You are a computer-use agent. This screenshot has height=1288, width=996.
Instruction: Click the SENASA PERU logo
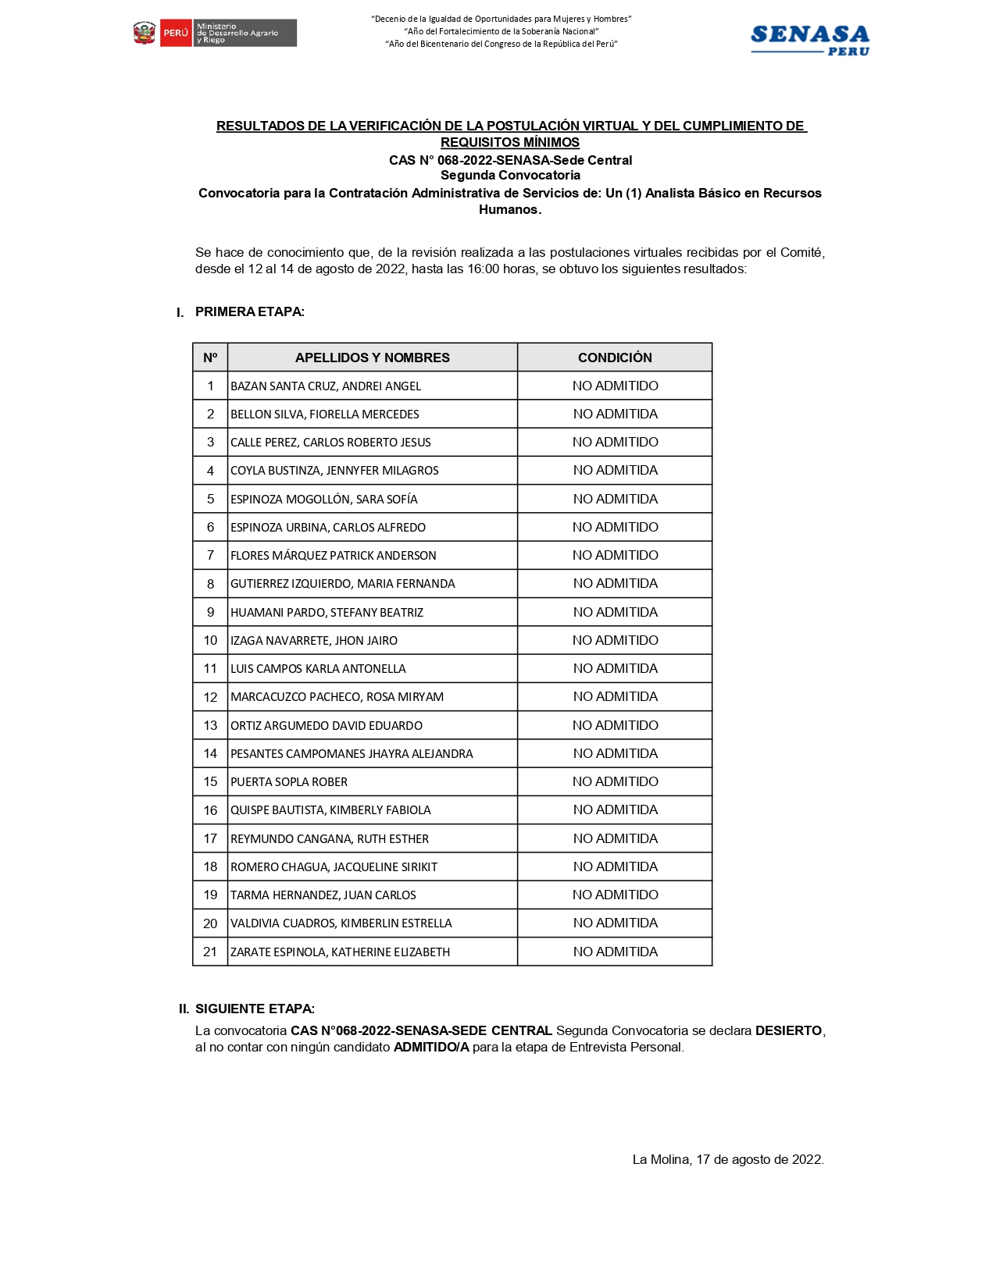[809, 40]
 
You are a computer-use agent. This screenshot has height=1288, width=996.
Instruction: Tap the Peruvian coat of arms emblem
[145, 34]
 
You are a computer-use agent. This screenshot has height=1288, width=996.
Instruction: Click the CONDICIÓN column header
[615, 358]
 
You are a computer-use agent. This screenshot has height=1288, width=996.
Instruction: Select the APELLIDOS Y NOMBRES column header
[372, 358]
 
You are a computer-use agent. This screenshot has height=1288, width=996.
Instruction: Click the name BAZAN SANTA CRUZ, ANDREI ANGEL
[326, 386]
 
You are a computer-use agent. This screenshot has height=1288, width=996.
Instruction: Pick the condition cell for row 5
[615, 499]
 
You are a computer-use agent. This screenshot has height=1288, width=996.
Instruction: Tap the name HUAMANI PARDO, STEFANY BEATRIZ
[327, 613]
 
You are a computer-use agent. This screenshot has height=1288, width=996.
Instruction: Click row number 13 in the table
[210, 725]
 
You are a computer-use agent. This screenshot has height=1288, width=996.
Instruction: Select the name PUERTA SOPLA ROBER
[289, 782]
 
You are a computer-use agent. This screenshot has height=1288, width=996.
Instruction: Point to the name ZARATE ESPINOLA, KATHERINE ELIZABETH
[340, 952]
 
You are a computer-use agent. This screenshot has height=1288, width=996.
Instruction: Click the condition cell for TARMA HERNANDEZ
[615, 895]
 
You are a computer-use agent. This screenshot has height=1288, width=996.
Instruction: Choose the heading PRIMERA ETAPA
[249, 312]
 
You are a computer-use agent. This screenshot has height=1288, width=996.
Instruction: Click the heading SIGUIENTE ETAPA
[255, 1009]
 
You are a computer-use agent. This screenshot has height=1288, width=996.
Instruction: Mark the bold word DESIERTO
[788, 1030]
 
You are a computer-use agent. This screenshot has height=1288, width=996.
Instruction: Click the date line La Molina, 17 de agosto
[728, 1159]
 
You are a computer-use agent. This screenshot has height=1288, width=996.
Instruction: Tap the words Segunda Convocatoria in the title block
[510, 176]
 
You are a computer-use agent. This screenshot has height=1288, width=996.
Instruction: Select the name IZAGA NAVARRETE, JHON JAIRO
[314, 641]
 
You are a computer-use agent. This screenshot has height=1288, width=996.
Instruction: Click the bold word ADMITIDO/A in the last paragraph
[431, 1048]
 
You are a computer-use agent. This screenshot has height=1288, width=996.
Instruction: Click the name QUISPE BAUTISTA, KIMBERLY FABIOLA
[330, 810]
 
